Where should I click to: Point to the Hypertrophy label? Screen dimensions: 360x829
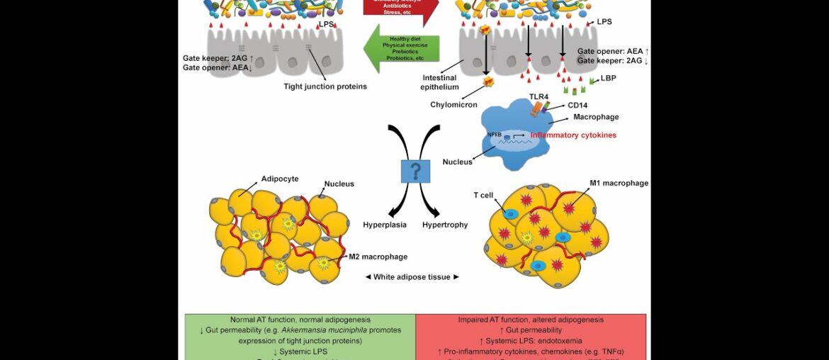click(445, 225)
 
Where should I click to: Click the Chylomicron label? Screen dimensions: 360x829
click(453, 105)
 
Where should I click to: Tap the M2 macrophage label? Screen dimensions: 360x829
click(378, 257)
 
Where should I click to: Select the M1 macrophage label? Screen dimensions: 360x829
click(619, 183)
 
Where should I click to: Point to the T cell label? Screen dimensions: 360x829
click(483, 196)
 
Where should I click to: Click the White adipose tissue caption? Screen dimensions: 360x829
click(412, 277)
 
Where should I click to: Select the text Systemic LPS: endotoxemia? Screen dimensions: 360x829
click(531, 341)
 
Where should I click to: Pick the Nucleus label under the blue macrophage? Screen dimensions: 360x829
click(457, 162)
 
